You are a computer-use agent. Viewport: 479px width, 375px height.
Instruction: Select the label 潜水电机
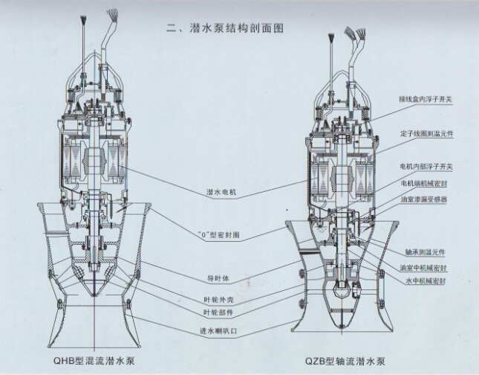[x=223, y=191]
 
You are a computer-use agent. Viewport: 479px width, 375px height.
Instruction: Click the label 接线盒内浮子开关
[x=429, y=97]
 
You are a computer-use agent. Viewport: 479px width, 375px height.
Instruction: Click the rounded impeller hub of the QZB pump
[x=341, y=293]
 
